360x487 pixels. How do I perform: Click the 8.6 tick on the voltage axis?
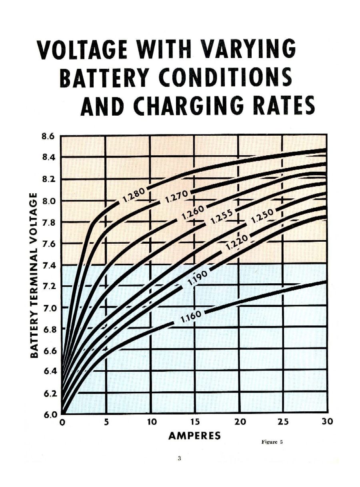(47, 136)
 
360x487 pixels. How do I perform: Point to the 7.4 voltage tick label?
(47, 265)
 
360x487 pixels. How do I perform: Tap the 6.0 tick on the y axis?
(47, 414)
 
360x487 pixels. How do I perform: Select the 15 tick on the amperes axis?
(194, 422)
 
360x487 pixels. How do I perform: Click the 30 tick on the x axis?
(327, 422)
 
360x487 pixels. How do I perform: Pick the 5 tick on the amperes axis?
(106, 422)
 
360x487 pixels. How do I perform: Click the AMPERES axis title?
(194, 436)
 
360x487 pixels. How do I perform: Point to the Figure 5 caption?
(272, 442)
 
